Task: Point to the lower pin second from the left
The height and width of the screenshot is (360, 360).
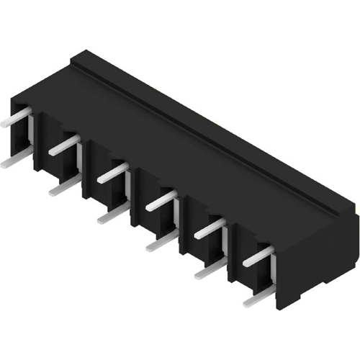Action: (x=63, y=188)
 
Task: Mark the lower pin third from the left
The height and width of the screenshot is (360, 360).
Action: (x=112, y=214)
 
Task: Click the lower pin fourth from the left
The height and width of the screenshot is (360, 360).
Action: (x=161, y=243)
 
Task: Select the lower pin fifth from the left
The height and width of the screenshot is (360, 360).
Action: (x=210, y=271)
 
